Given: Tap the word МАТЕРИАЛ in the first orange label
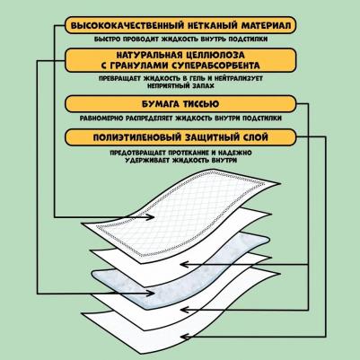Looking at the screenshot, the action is (x=266, y=25).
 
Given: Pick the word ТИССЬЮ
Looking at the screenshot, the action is (x=200, y=104).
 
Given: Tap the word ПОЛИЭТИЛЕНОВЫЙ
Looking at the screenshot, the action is (x=137, y=137).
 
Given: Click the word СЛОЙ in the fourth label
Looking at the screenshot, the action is (x=254, y=137).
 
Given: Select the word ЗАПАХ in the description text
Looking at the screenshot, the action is (x=203, y=85).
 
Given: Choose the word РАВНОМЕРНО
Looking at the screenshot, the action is (x=101, y=119).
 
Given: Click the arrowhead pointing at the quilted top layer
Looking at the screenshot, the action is (x=150, y=217).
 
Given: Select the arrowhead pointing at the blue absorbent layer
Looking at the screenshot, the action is (x=150, y=294).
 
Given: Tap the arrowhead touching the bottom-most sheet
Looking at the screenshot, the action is (x=185, y=337).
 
